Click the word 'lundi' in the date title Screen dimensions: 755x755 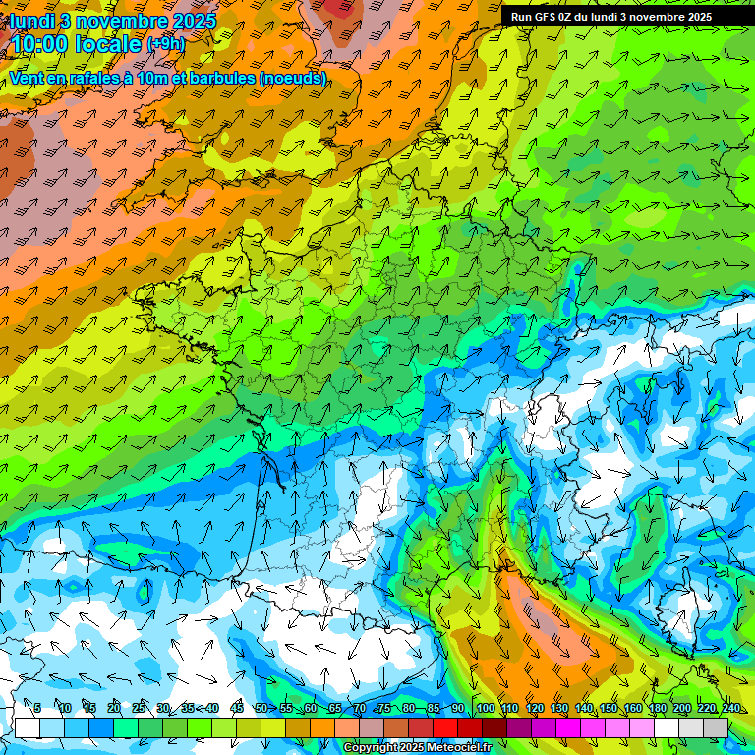(x=32, y=20)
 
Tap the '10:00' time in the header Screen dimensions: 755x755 (x=38, y=44)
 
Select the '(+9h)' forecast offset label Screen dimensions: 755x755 (x=165, y=44)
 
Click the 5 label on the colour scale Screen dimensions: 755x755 (x=36, y=709)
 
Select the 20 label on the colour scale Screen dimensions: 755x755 (x=114, y=709)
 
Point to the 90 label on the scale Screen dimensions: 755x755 (x=458, y=709)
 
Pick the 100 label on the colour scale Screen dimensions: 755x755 (x=485, y=709)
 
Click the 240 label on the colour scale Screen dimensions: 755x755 (x=731, y=709)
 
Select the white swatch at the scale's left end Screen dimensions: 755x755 (x=28, y=727)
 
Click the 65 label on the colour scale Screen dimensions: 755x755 (x=335, y=709)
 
